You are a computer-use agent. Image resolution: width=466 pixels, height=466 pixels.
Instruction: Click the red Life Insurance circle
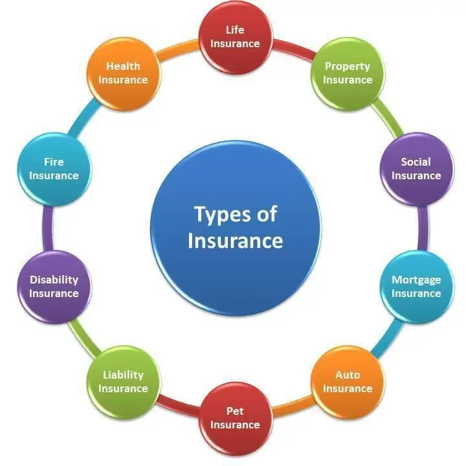[236, 38]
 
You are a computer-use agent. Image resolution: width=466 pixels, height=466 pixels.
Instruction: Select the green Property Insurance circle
[348, 74]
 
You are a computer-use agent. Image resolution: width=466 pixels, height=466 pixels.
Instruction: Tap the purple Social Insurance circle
[417, 170]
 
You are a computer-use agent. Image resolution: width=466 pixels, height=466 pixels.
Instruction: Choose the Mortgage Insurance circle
[417, 287]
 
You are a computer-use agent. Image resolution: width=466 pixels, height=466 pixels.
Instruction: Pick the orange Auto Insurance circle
[348, 383]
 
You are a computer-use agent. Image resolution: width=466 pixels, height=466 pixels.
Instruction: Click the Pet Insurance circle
[236, 419]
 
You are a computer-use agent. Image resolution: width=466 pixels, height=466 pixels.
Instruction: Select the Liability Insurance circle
[124, 383]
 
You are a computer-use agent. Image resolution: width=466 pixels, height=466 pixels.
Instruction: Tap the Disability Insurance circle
[54, 287]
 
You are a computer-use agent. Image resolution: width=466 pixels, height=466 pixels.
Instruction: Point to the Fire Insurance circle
[54, 170]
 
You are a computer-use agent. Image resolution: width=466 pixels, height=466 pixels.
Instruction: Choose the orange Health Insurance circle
[124, 74]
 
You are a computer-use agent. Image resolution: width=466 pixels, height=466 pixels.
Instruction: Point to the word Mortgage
[416, 280]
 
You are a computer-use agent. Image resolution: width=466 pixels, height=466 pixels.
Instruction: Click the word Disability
[54, 280]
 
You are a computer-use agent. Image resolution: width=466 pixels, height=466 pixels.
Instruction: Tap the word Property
[348, 67]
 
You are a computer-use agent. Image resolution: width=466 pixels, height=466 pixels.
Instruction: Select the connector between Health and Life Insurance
[178, 49]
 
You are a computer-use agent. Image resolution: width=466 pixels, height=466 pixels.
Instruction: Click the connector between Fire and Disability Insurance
[48, 228]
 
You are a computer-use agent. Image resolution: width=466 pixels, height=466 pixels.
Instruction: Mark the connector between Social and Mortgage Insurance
[423, 228]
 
